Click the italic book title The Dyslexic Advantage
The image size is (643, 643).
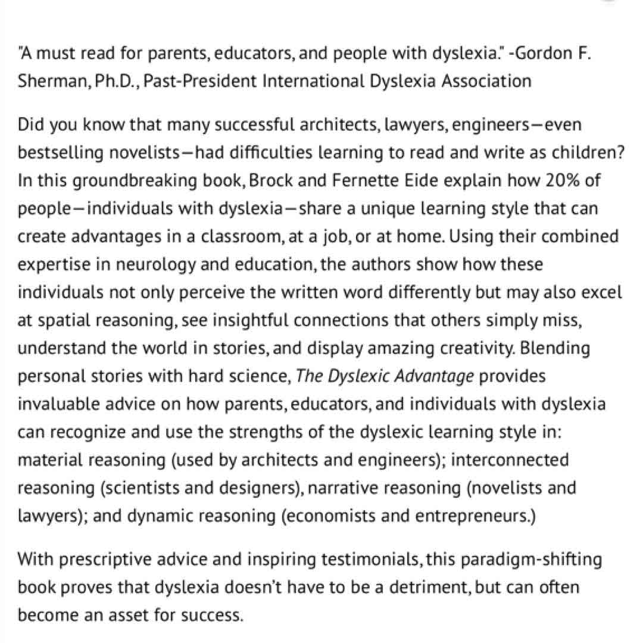point(385,376)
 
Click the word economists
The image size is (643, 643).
point(333,515)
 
